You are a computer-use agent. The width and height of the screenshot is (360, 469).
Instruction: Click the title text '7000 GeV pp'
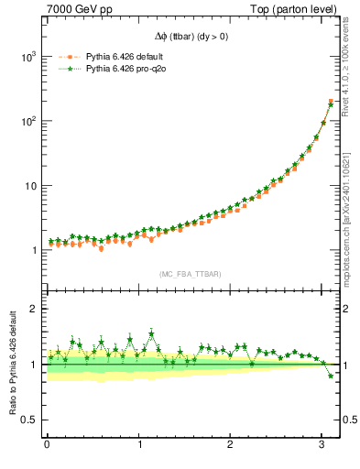coord(72,9)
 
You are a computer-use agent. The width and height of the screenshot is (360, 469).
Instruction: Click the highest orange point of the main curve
coord(331,101)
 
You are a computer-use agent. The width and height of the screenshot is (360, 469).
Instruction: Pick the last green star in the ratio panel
coord(331,376)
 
